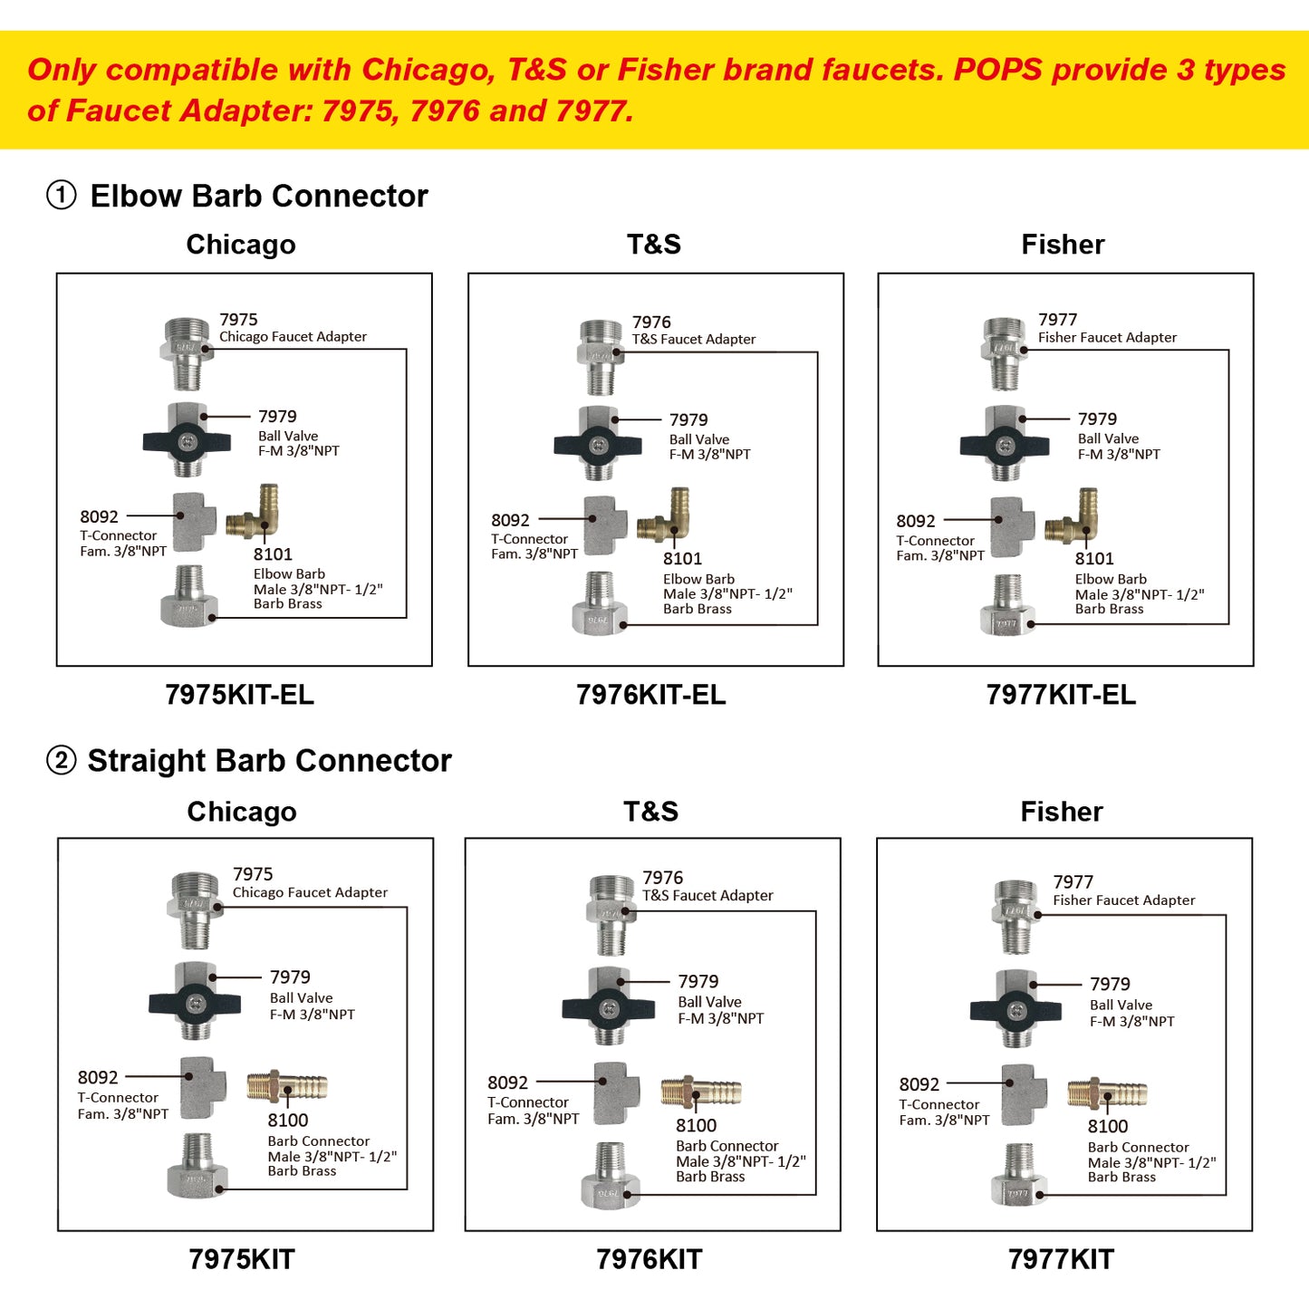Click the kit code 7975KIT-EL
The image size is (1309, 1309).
tap(239, 695)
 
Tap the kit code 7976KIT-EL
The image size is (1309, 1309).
tap(650, 695)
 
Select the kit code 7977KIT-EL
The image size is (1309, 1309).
tap(1061, 695)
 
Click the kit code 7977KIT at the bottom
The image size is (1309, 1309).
tap(1061, 1258)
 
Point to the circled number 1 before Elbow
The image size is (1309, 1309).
tap(62, 195)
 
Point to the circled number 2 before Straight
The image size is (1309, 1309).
tap(62, 760)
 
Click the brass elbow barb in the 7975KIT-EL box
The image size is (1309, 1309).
tap(255, 515)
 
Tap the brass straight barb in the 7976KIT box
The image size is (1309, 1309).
tap(701, 1092)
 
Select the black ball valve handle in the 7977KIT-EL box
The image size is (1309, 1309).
tap(1005, 444)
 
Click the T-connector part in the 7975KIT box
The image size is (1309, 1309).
tap(202, 1087)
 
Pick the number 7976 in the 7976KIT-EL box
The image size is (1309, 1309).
tap(651, 322)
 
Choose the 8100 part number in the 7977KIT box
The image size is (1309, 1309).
tap(1108, 1126)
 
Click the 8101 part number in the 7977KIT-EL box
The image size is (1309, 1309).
tap(1094, 559)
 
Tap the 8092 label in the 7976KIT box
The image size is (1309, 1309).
tap(507, 1083)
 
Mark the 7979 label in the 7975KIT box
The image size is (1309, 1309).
tap(290, 977)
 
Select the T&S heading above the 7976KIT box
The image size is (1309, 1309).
tap(650, 812)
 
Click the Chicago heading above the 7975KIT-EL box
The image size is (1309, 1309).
tap(241, 245)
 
